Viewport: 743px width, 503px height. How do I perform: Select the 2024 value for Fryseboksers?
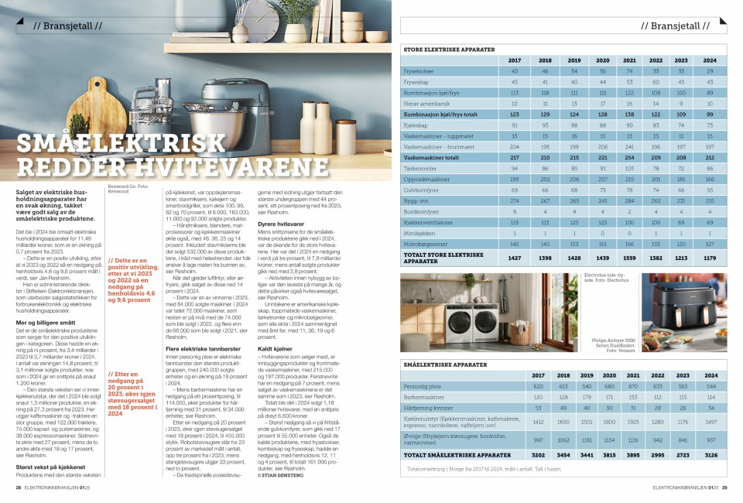tap(710, 70)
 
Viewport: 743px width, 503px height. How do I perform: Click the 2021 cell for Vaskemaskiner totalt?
tap(629, 158)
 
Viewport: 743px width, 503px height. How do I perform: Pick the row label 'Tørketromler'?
tap(421, 168)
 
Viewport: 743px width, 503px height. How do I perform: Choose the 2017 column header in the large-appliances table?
tap(515, 60)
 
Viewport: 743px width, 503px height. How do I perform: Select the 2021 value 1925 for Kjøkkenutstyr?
tap(631, 422)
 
